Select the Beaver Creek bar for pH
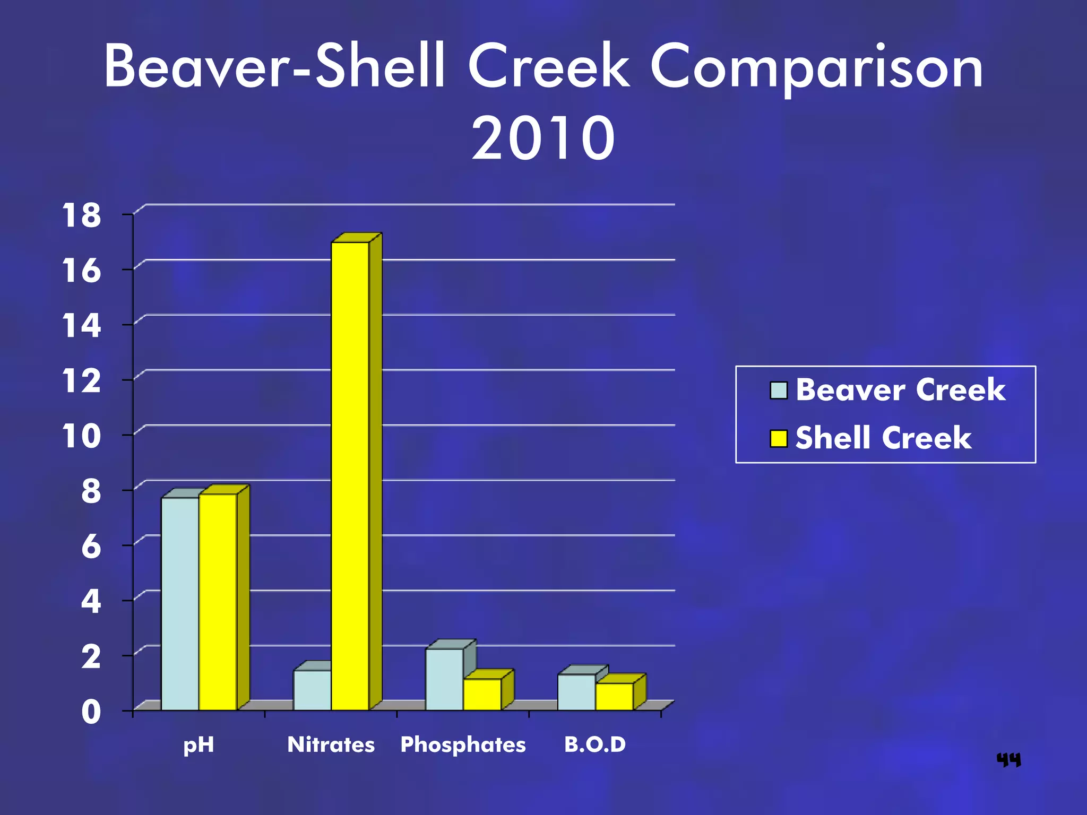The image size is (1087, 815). [180, 604]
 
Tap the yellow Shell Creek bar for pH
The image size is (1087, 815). [218, 602]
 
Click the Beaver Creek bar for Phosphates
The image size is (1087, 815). [444, 679]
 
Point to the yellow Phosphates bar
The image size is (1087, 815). [482, 694]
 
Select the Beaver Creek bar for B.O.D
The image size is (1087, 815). [576, 692]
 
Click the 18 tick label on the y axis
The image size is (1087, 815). [81, 215]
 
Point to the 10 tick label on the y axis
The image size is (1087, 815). [81, 436]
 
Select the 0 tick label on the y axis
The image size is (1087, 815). [91, 712]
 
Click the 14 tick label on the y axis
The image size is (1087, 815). [81, 326]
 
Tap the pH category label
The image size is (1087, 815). [199, 745]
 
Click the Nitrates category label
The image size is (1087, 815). [331, 744]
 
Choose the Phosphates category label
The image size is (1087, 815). [463, 744]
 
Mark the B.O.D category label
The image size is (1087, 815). [595, 744]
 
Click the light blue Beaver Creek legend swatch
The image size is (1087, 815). [779, 390]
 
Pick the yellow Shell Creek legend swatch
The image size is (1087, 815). [779, 438]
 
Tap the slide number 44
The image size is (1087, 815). [1008, 760]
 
